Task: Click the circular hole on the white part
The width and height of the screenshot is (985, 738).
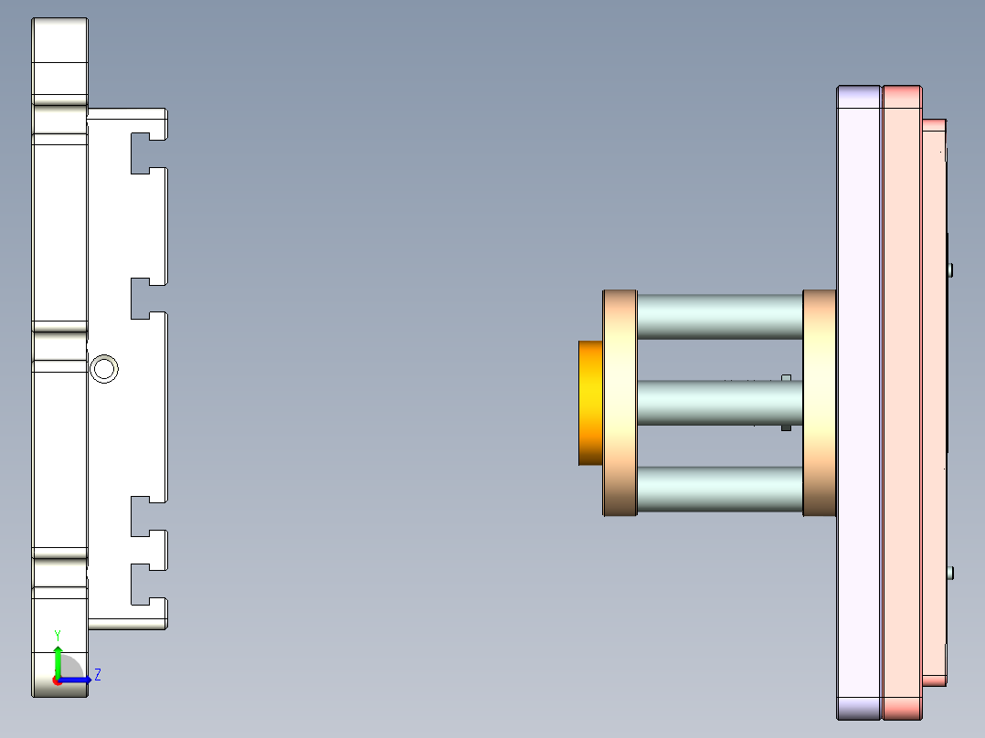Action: click(104, 369)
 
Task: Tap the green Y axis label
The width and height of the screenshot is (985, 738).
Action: click(57, 635)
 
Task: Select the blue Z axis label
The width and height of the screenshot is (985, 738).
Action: click(97, 675)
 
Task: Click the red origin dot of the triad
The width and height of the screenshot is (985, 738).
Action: click(58, 680)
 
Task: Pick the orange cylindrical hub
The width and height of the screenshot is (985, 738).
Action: click(590, 403)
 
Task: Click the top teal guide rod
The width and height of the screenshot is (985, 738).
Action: click(719, 316)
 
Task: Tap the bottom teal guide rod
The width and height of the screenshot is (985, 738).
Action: click(719, 489)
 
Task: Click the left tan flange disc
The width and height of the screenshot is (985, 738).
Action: click(620, 403)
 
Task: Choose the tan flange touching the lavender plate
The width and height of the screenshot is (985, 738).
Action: click(819, 403)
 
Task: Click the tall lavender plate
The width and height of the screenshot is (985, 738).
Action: click(859, 403)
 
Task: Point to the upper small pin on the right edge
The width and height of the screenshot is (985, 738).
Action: click(951, 269)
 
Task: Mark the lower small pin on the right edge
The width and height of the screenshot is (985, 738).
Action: click(951, 573)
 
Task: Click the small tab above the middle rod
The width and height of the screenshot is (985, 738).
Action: click(786, 376)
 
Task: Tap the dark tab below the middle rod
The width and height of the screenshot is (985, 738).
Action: click(786, 427)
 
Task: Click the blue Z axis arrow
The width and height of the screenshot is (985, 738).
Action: click(77, 680)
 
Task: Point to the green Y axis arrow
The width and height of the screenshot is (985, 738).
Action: click(58, 659)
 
